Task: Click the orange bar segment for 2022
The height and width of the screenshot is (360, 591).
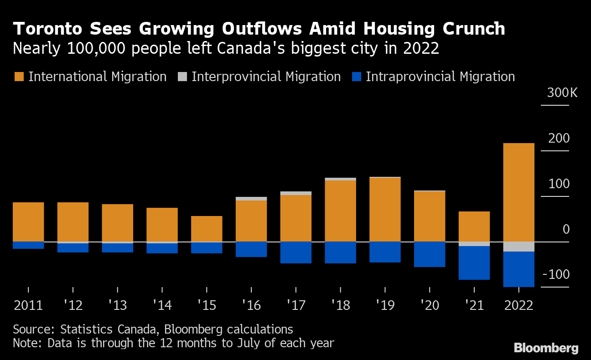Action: (x=518, y=192)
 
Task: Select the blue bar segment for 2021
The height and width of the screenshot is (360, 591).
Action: (x=474, y=263)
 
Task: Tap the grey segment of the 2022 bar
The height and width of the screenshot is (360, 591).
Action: (x=518, y=247)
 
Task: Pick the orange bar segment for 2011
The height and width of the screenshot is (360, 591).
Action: (x=28, y=222)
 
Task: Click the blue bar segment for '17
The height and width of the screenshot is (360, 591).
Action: (x=295, y=252)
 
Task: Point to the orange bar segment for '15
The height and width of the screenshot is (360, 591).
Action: (x=207, y=229)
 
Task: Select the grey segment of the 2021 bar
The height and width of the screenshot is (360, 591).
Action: (x=474, y=244)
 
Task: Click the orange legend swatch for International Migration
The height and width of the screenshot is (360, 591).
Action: (x=19, y=77)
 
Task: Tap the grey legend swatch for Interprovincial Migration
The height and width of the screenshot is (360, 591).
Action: (x=182, y=77)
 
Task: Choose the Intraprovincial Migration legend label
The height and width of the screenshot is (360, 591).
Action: (x=440, y=77)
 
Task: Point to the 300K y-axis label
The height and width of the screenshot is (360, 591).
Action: (x=562, y=93)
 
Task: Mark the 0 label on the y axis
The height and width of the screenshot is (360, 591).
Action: (x=566, y=229)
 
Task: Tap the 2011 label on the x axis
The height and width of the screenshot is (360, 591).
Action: (x=28, y=305)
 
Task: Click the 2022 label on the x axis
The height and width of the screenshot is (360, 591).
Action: (x=518, y=305)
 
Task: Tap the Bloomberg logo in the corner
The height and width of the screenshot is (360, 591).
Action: (x=546, y=348)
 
